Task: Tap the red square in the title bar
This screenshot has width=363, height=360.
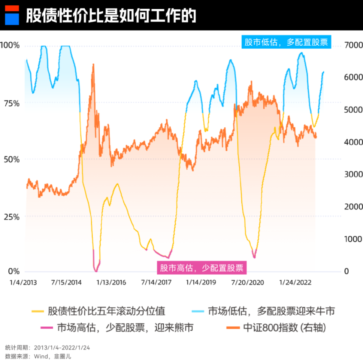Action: (x=12, y=9)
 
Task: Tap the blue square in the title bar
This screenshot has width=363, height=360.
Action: (x=12, y=19)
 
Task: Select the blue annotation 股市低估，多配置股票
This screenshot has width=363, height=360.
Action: (x=286, y=42)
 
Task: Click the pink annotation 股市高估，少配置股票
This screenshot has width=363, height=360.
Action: (x=202, y=268)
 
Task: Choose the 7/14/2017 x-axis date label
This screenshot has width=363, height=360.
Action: (x=157, y=283)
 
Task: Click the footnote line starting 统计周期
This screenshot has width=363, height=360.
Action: (x=47, y=347)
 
